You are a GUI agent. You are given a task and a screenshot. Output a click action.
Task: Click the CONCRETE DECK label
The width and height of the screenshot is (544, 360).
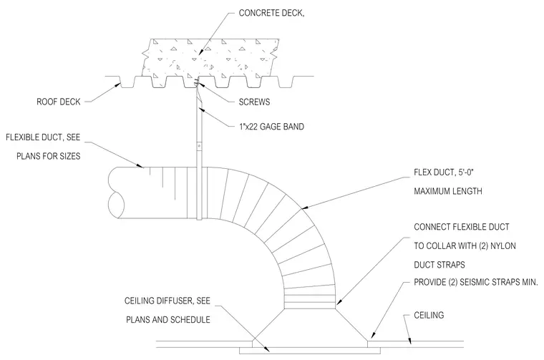tap(271, 13)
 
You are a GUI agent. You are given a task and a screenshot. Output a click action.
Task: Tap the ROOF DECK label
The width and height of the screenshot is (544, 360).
tap(58, 102)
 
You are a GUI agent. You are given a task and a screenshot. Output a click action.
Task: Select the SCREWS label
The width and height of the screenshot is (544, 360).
tap(254, 102)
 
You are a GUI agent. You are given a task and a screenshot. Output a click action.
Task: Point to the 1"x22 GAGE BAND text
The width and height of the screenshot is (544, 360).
tap(271, 127)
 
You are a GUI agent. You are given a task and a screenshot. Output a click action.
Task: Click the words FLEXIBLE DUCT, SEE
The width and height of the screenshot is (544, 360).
tap(43, 137)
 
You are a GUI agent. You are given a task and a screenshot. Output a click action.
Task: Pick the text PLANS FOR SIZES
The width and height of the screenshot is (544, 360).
tap(48, 157)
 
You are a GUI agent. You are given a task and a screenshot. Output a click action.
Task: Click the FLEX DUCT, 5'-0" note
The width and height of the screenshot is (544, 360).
tap(444, 172)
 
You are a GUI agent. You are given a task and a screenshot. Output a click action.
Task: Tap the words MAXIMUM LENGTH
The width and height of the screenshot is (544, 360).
tap(448, 191)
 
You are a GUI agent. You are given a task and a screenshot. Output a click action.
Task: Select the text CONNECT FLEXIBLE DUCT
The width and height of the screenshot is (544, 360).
tap(462, 227)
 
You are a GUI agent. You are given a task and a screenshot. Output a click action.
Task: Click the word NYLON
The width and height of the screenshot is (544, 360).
tap(503, 246)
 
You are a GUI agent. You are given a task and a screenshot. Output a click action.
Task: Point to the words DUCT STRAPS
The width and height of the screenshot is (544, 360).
tap(439, 265)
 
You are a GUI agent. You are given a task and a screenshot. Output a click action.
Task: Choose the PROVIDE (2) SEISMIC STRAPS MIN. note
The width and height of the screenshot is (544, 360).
tap(476, 282)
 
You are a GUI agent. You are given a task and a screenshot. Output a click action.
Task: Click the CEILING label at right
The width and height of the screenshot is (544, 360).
tap(429, 315)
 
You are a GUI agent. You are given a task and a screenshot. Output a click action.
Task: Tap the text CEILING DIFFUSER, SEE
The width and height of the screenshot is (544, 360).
tap(167, 301)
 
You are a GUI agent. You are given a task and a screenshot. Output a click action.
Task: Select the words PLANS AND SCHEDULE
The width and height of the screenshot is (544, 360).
tap(168, 320)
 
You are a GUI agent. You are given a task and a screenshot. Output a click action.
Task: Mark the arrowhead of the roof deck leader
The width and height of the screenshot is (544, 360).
tap(118, 85)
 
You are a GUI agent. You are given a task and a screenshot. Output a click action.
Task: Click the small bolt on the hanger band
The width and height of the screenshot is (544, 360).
tap(199, 146)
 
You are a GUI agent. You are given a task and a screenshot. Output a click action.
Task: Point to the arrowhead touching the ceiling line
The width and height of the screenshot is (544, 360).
tap(409, 341)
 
